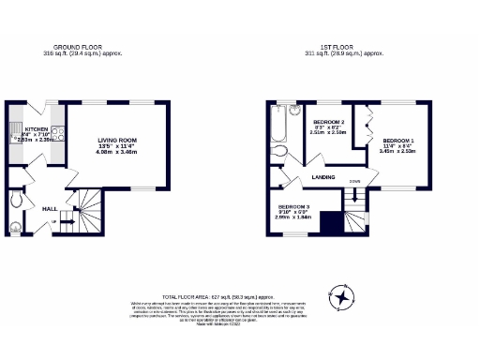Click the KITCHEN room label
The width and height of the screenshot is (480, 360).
(36, 128)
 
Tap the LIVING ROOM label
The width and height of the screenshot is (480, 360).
(119, 142)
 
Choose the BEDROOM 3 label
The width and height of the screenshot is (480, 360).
(294, 206)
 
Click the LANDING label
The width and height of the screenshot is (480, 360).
(324, 175)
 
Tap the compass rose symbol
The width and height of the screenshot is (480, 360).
(345, 298)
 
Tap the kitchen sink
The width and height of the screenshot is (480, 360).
(14, 132)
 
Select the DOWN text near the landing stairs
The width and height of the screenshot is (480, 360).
(355, 182)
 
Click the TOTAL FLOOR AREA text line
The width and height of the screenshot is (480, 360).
(240, 295)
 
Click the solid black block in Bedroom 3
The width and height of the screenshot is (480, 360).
(329, 223)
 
